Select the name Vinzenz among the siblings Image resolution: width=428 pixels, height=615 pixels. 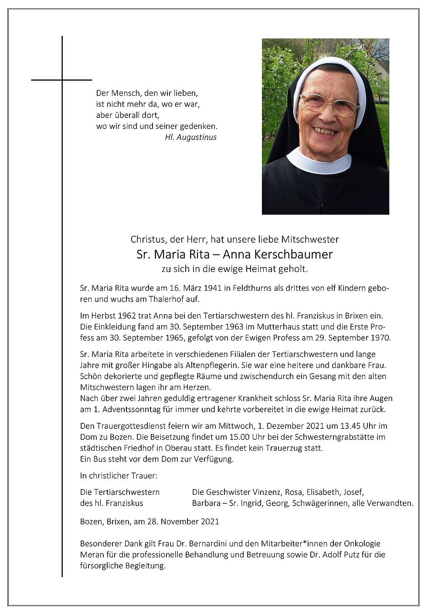(x=266, y=492)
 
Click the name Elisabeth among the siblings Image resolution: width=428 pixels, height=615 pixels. (x=323, y=492)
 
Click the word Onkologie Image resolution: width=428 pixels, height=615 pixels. (x=362, y=544)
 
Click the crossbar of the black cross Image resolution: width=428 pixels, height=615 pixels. (x=61, y=80)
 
